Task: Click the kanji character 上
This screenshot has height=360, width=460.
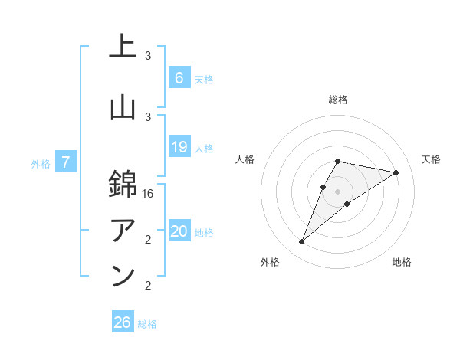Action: [x=123, y=47]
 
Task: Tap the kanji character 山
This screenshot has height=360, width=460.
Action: [x=123, y=108]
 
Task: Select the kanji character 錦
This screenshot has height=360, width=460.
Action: [x=123, y=183]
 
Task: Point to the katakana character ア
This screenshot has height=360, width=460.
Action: [x=123, y=229]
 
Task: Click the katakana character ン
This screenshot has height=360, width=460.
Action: [x=123, y=276]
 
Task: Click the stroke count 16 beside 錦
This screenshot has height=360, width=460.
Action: [x=148, y=195]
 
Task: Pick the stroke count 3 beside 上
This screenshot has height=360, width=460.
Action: [x=148, y=56]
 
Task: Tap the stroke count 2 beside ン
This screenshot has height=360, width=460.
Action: [x=148, y=286]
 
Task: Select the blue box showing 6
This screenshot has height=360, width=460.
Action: [x=179, y=77]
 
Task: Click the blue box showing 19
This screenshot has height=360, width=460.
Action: [x=179, y=147]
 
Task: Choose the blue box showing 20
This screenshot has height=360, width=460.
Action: [x=179, y=232]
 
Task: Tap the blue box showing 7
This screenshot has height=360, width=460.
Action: [x=67, y=162]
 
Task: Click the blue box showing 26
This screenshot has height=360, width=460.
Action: [x=123, y=322]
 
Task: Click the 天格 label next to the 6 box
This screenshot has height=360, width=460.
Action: [x=204, y=79]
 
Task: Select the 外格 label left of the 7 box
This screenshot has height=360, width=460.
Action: [x=41, y=163]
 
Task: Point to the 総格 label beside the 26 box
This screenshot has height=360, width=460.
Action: [x=147, y=324]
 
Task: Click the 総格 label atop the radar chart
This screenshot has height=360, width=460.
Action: [x=338, y=100]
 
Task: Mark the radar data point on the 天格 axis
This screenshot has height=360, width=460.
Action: [x=396, y=172]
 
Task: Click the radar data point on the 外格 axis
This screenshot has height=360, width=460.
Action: [x=301, y=242]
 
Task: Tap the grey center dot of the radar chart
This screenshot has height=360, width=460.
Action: [x=337, y=191]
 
